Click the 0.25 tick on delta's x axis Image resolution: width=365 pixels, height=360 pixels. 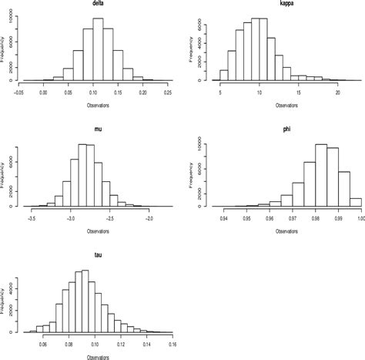point(167,91)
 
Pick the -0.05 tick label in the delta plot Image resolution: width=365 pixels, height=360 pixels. point(18,91)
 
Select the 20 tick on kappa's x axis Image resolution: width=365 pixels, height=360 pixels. point(338,91)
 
